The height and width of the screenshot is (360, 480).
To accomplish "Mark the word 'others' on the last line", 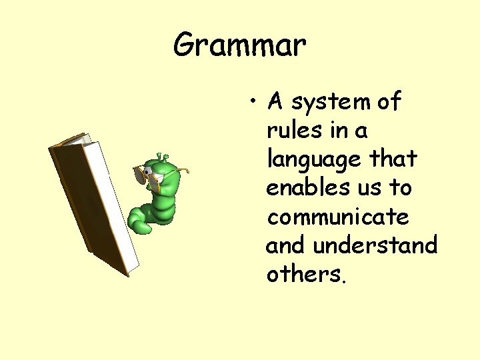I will click(x=304, y=274).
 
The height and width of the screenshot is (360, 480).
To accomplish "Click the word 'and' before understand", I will click(x=285, y=245).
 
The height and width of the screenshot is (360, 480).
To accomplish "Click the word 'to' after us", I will click(x=400, y=187).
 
